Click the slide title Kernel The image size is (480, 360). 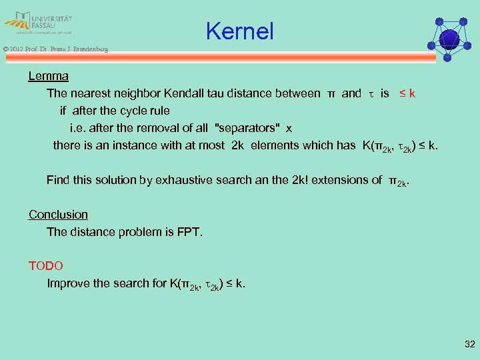pos(239,31)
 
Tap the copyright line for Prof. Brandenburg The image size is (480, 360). pos(55,49)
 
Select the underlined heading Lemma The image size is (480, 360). pos(48,76)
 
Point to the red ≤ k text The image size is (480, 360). pos(407,93)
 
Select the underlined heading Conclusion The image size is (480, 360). pos(58,215)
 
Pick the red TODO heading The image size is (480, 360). pos(46,266)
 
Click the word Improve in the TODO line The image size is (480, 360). pos(69,283)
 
